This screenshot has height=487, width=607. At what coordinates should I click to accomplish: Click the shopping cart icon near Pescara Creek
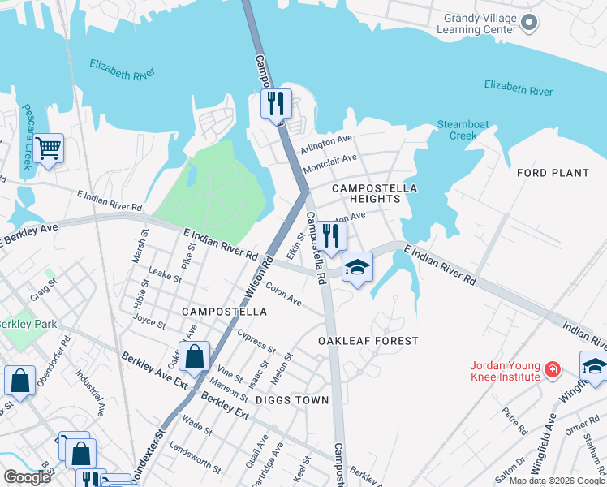(x=49, y=149)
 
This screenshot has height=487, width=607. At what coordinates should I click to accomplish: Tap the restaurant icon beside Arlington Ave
(x=276, y=104)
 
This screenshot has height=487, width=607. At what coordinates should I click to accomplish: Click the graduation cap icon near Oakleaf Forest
(x=356, y=268)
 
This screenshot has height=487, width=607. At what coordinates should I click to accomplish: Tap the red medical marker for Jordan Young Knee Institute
(x=553, y=370)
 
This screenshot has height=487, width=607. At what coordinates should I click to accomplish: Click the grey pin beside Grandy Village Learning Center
(x=529, y=23)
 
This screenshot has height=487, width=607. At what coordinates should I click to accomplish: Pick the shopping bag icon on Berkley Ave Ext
(x=194, y=356)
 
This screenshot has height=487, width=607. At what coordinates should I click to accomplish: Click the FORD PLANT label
(x=553, y=173)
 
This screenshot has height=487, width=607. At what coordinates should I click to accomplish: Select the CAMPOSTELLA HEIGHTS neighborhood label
(x=374, y=193)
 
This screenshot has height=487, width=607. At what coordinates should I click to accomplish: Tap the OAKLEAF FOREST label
(x=368, y=341)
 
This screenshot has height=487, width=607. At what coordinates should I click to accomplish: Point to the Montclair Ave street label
(x=329, y=163)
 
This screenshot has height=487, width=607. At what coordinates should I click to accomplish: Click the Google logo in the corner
(x=27, y=477)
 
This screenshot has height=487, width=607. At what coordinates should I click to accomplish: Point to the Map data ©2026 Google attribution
(x=556, y=481)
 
